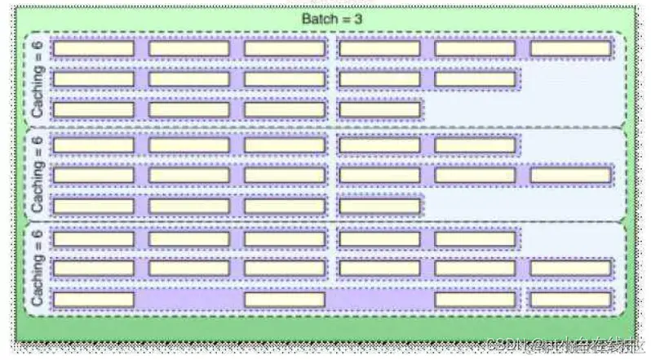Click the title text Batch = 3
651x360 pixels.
(x=326, y=19)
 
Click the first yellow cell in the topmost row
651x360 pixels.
(x=93, y=48)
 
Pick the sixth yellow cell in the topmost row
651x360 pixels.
(x=570, y=48)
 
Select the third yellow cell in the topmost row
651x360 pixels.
(x=285, y=48)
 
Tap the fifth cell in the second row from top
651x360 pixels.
(x=475, y=79)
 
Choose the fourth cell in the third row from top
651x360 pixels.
(x=379, y=109)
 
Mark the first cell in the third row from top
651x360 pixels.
(x=93, y=109)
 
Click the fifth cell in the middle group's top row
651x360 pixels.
(x=475, y=145)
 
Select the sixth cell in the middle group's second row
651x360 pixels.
(x=570, y=175)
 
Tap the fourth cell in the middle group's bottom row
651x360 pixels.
(x=379, y=206)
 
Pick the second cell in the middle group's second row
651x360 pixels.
(x=188, y=175)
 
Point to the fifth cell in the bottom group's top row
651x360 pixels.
(x=475, y=238)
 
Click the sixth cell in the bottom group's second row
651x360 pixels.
(x=570, y=268)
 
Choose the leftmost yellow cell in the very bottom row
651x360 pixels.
(x=93, y=299)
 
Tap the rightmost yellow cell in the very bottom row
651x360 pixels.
(x=570, y=299)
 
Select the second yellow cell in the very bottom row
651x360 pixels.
(x=285, y=299)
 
